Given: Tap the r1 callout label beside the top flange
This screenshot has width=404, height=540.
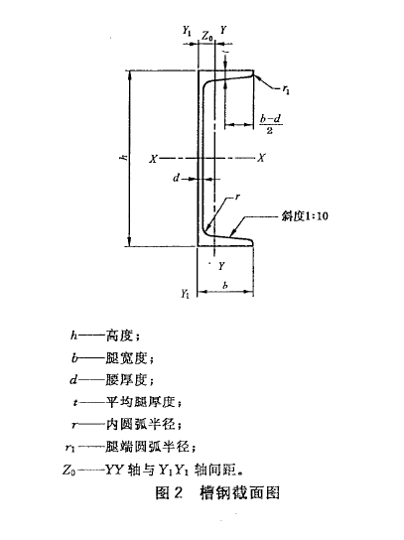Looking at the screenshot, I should pyautogui.click(x=286, y=89).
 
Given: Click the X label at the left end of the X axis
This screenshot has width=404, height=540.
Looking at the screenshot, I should pyautogui.click(x=154, y=158).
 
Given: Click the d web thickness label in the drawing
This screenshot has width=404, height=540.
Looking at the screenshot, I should pyautogui.click(x=175, y=180).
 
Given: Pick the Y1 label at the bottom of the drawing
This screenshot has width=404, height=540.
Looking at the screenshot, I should pyautogui.click(x=185, y=294).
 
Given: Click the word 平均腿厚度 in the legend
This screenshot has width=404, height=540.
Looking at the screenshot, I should pyautogui.click(x=145, y=402).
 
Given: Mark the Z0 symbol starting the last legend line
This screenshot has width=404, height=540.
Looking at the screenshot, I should pyautogui.click(x=76, y=469).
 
